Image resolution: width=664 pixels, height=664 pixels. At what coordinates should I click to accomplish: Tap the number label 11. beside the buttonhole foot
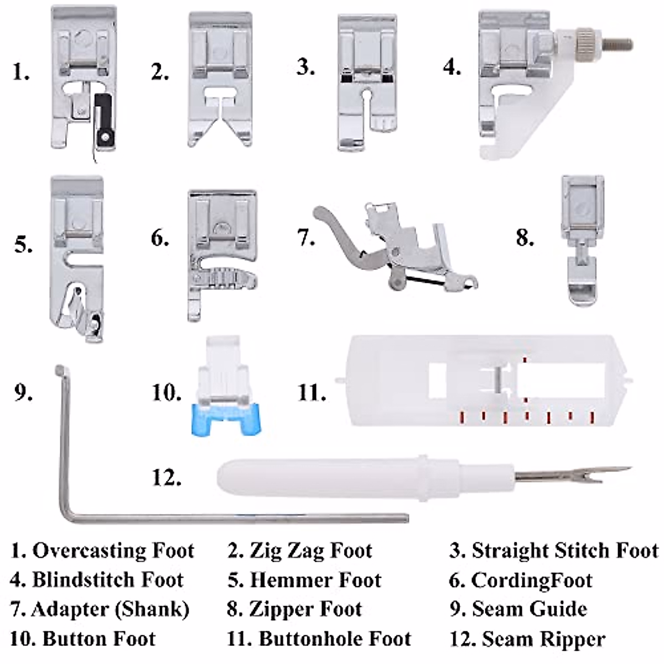click(x=312, y=393)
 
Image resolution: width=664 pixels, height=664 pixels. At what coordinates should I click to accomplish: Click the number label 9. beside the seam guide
click(x=23, y=392)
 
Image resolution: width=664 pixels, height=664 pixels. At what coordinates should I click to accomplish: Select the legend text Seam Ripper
click(x=543, y=639)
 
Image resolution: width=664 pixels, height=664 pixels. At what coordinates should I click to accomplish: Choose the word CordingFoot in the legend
click(x=531, y=580)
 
